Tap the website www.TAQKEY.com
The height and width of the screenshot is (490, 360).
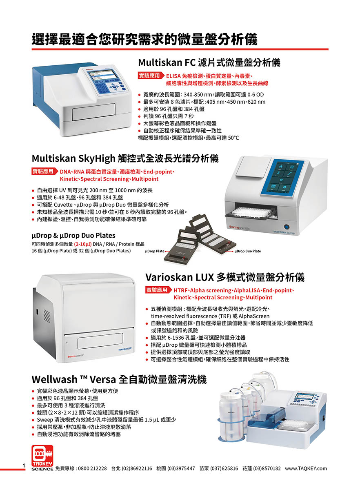(306, 468)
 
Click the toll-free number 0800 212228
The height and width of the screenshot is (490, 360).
(92, 468)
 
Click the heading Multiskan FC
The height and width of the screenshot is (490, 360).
(167, 63)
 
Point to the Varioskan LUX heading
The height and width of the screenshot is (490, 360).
(179, 277)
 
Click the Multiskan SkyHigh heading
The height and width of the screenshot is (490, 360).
(73, 158)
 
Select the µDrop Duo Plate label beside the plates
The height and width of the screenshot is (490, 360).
(248, 251)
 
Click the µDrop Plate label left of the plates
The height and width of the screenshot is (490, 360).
(155, 251)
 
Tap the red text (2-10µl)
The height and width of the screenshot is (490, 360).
(83, 244)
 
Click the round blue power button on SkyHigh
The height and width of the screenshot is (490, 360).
(286, 227)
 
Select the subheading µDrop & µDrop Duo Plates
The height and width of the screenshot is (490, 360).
(73, 235)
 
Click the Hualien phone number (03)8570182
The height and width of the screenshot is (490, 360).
(267, 468)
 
